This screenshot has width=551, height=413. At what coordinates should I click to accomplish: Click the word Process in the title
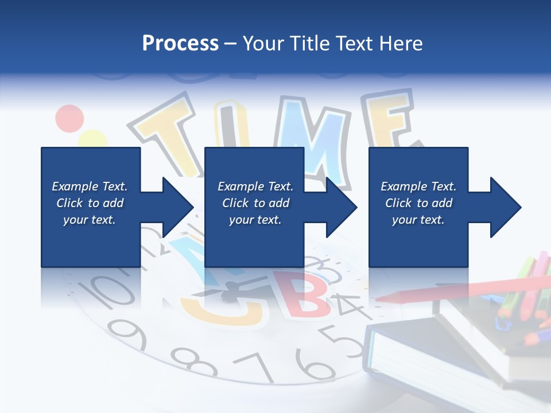[x=180, y=44]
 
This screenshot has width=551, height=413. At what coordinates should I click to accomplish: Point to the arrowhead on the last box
[x=505, y=207]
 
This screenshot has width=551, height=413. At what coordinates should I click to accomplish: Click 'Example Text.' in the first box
[x=90, y=186]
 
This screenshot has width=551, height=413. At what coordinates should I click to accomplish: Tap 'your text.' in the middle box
[x=255, y=220]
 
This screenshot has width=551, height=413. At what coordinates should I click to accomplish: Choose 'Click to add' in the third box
[x=418, y=203]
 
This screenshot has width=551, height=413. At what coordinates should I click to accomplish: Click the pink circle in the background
[x=69, y=118]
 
